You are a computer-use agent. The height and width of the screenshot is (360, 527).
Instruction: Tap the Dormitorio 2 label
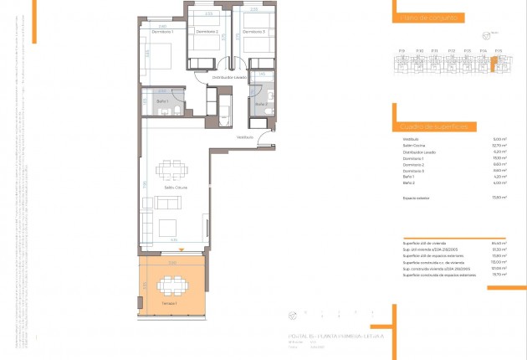(x=207, y=32)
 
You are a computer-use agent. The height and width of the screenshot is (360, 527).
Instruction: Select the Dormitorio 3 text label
(x=254, y=32)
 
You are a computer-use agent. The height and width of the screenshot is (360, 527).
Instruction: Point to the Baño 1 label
(x=161, y=101)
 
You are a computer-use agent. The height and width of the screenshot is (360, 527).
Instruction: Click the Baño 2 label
(x=261, y=104)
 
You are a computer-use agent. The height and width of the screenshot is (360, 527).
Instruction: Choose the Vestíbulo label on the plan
(x=244, y=136)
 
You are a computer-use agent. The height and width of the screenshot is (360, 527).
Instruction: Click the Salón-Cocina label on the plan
(x=176, y=188)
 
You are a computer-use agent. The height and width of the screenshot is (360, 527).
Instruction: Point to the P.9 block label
(x=402, y=52)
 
